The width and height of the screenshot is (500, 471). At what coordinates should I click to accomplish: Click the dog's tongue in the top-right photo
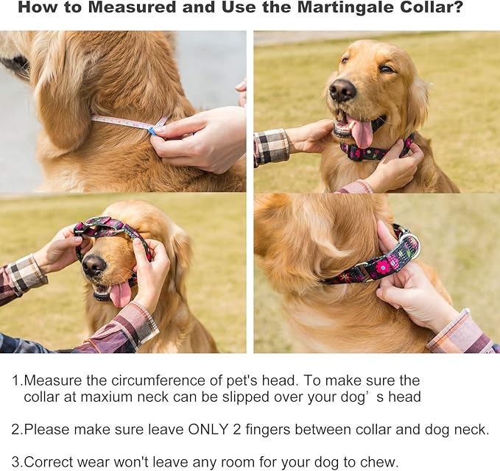click(362, 132)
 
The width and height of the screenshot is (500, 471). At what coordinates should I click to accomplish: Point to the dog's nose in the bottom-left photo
click(94, 265)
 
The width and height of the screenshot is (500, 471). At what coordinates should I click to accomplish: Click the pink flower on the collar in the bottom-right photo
click(383, 267)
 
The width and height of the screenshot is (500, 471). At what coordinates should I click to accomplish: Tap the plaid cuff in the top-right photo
click(272, 147)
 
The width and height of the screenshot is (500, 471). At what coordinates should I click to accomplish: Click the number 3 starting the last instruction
click(15, 462)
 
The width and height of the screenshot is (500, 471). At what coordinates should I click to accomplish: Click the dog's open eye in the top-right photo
click(345, 60)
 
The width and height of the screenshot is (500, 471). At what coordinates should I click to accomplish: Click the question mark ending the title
click(457, 7)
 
